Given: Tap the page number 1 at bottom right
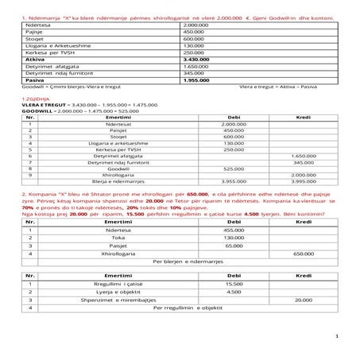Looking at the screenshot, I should point(337,335).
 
